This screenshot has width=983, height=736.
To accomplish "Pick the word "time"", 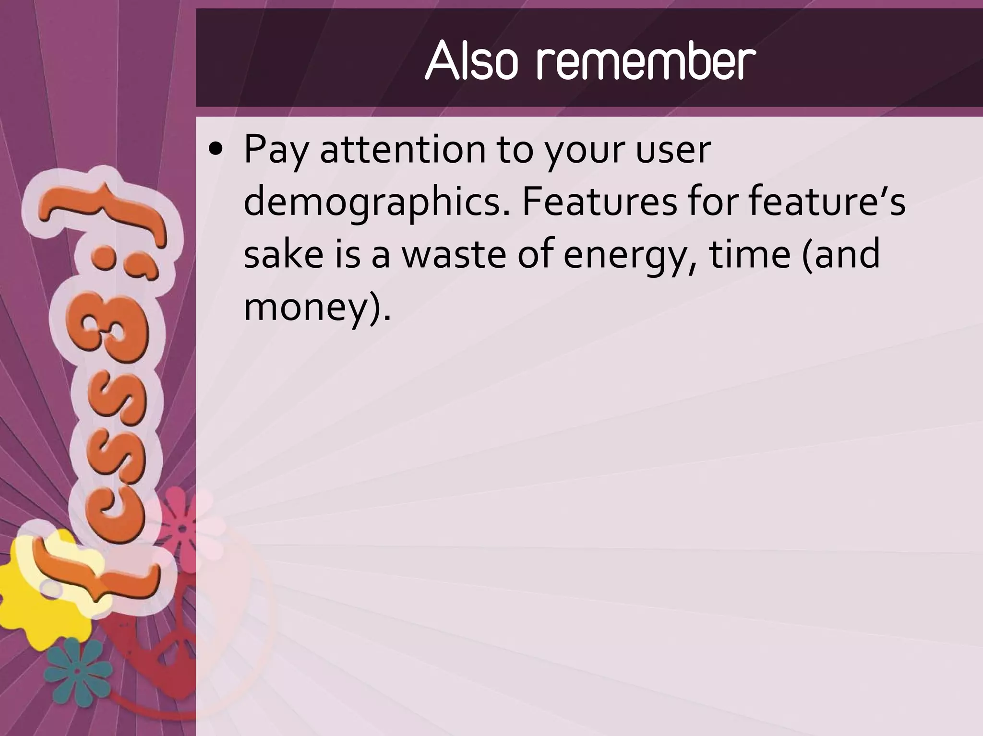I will pyautogui.click(x=749, y=254).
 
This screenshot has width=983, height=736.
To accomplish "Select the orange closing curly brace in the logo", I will pyautogui.click(x=106, y=211).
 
